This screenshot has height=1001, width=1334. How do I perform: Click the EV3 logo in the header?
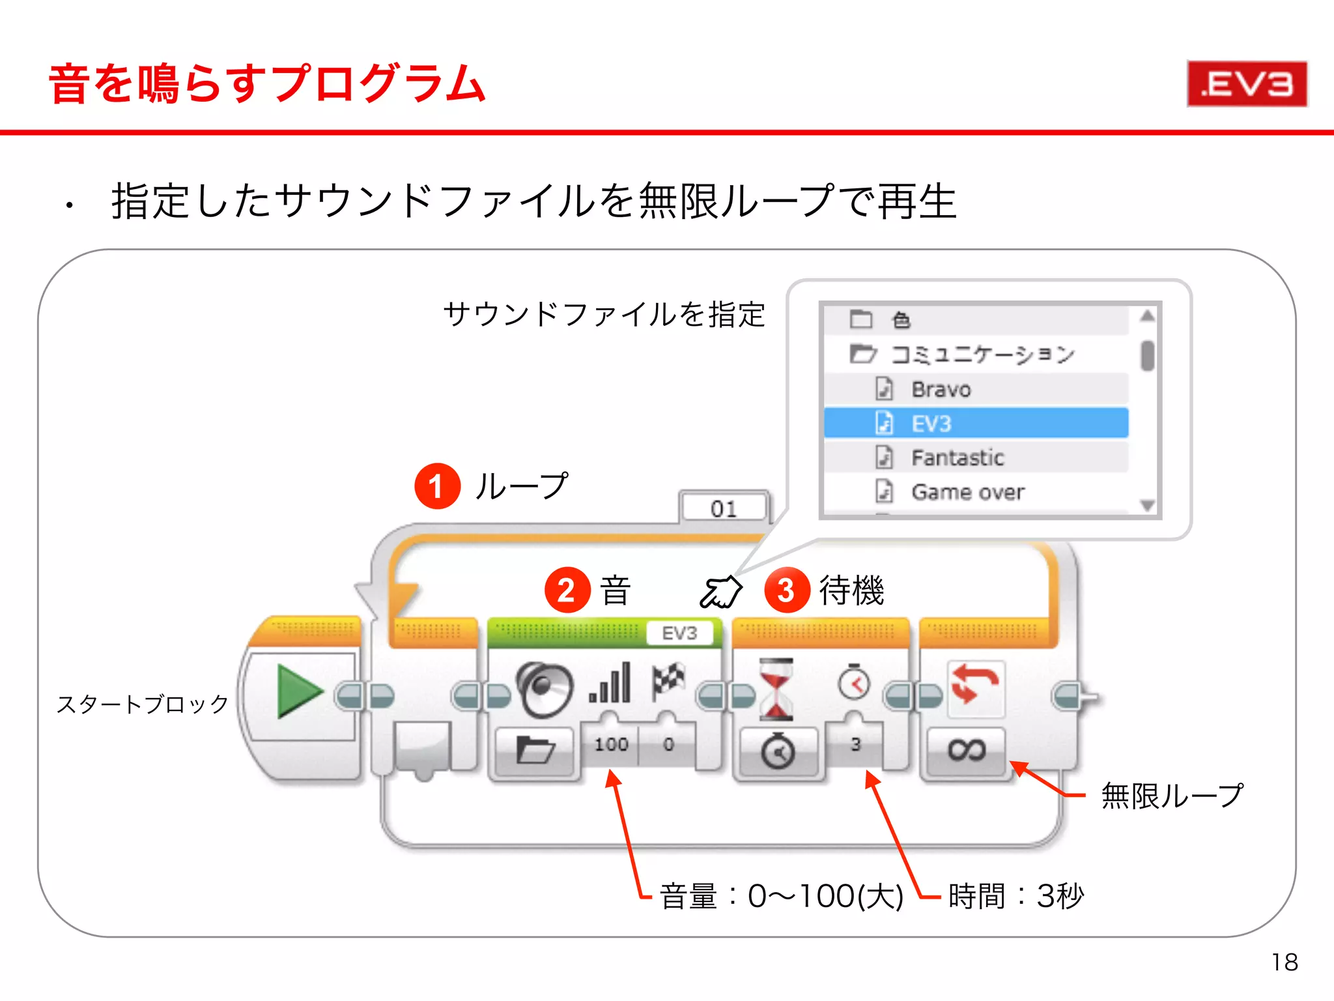(1246, 83)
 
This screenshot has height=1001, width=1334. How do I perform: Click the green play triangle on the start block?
(298, 691)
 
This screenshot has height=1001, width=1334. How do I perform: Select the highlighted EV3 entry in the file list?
(975, 424)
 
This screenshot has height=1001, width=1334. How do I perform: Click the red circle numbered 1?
(437, 486)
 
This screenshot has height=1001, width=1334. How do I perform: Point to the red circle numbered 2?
(567, 590)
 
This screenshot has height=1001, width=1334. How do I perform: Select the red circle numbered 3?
(786, 590)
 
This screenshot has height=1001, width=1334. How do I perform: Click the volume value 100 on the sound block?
(610, 744)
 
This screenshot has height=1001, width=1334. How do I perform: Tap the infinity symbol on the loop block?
(966, 750)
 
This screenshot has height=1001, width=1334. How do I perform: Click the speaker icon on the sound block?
(544, 689)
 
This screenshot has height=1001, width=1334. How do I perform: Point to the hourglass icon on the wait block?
(776, 689)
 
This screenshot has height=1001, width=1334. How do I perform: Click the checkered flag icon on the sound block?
(668, 681)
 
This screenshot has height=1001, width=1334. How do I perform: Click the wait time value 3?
(855, 744)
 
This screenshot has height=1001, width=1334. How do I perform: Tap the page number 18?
(1284, 962)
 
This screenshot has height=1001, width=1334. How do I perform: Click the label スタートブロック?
(143, 704)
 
